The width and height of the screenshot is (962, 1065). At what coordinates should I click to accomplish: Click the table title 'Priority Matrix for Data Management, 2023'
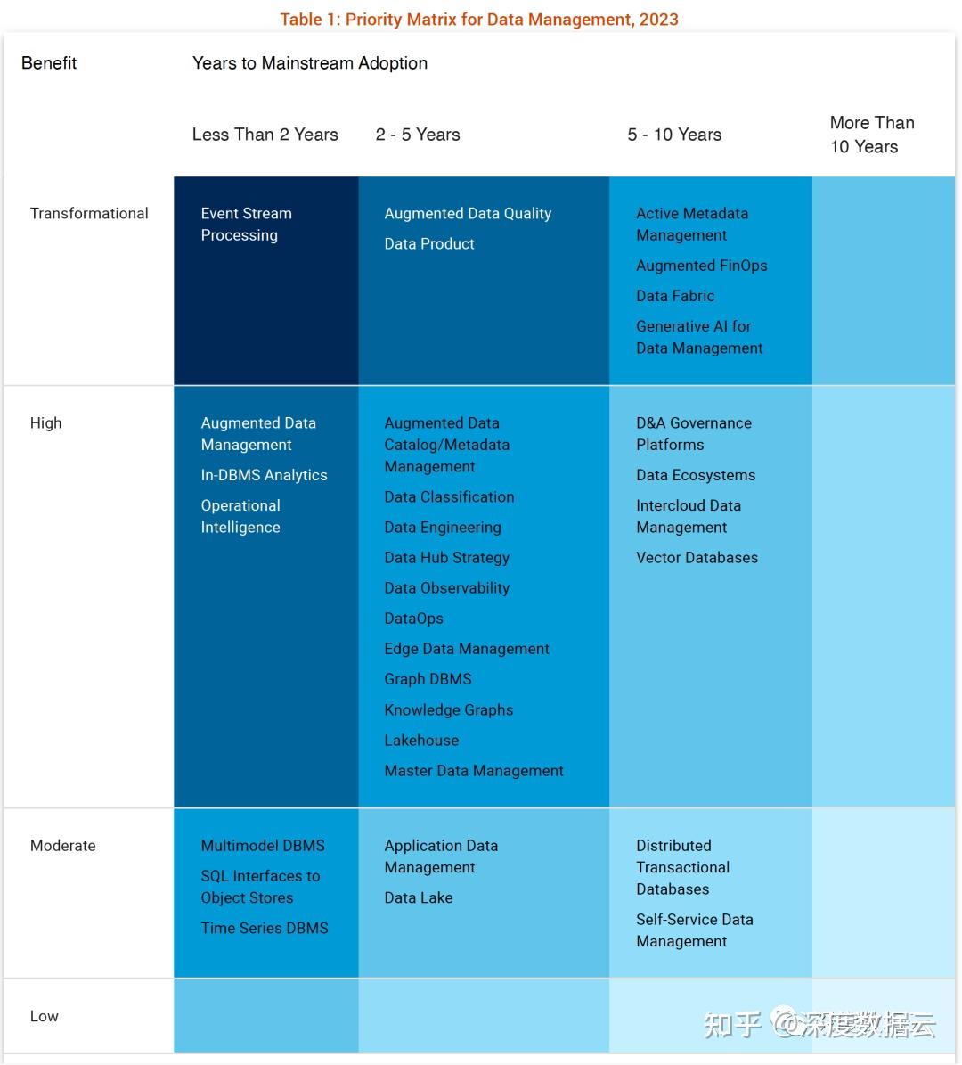(479, 19)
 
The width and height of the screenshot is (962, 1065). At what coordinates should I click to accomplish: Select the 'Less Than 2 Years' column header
(265, 135)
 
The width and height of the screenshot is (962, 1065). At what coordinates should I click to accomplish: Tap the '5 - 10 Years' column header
(674, 135)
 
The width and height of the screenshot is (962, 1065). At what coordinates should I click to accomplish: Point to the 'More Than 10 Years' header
(871, 135)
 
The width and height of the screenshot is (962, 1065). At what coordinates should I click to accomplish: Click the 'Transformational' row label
(89, 213)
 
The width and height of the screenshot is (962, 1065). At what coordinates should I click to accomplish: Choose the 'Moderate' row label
(62, 845)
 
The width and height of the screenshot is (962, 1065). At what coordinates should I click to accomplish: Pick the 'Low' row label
(44, 1016)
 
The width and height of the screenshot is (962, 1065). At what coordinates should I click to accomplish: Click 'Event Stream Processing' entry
(246, 224)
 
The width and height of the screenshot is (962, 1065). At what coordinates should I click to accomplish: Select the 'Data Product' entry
(428, 243)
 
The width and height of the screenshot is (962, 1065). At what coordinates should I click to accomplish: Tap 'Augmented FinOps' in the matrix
(701, 265)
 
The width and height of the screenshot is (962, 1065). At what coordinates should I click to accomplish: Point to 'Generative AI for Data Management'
(698, 337)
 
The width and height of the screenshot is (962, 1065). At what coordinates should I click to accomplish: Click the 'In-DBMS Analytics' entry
(264, 475)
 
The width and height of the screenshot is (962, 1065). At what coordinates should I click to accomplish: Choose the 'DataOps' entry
(413, 618)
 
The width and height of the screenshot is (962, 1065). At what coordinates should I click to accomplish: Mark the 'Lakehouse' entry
(421, 740)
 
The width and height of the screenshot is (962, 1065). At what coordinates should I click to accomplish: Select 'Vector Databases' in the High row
(697, 557)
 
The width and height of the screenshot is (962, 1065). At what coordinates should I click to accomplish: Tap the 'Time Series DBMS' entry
(265, 928)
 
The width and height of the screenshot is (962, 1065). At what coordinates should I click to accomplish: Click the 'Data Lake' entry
(418, 897)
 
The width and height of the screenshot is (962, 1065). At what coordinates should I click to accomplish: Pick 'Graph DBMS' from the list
(428, 678)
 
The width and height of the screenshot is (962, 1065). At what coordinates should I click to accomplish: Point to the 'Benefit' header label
(49, 63)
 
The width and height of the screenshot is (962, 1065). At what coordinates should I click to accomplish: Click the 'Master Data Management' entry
(474, 770)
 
